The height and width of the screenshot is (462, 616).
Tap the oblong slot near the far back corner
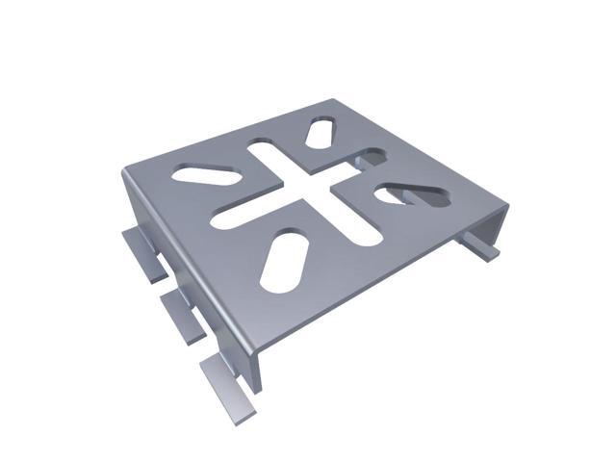pos(321,134)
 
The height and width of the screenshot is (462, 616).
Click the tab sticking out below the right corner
pos(486,246)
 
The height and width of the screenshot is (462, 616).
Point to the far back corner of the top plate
pos(331,98)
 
